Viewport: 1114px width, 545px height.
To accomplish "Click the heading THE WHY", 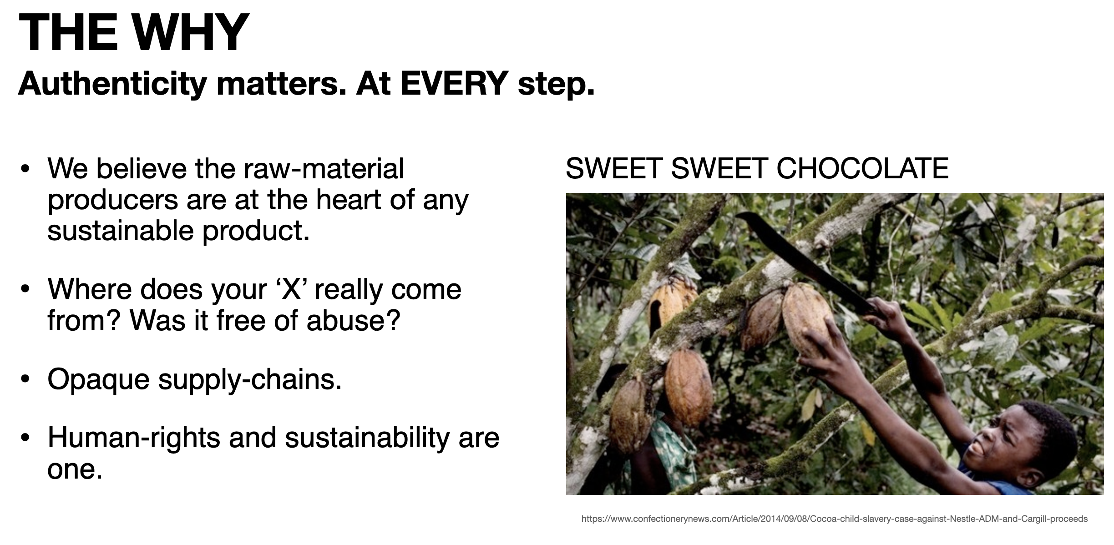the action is pos(134,32).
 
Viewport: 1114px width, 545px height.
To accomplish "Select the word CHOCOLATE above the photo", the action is pos(862,168).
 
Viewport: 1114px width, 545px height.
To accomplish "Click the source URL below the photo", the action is pos(835,519).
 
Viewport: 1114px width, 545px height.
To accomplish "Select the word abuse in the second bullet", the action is pos(353,320).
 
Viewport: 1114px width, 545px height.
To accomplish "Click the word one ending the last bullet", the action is pos(75,469).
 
